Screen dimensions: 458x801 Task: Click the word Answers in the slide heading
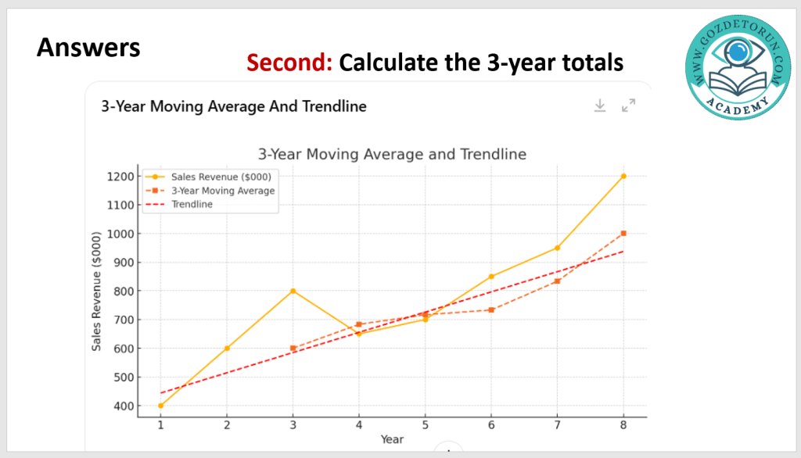pyautogui.click(x=88, y=48)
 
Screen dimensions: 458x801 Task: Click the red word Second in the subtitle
pyautogui.click(x=289, y=62)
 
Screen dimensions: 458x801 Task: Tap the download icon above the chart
pyautogui.click(x=600, y=106)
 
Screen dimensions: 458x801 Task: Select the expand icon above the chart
pyautogui.click(x=628, y=106)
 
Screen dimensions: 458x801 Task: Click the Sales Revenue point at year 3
pyautogui.click(x=293, y=291)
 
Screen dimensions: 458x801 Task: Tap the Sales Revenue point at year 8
pyautogui.click(x=623, y=176)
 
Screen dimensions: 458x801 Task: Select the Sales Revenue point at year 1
pyautogui.click(x=160, y=406)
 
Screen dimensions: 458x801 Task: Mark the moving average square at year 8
pyautogui.click(x=623, y=233)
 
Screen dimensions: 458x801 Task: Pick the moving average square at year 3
pyautogui.click(x=293, y=349)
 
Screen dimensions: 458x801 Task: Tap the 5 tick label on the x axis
pyautogui.click(x=425, y=426)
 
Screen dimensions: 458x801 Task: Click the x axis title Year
pyautogui.click(x=392, y=439)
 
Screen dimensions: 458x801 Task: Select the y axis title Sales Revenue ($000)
pyautogui.click(x=97, y=291)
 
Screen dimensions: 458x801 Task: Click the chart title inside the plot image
pyautogui.click(x=392, y=154)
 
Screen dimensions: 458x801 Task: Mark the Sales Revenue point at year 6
pyautogui.click(x=491, y=277)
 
